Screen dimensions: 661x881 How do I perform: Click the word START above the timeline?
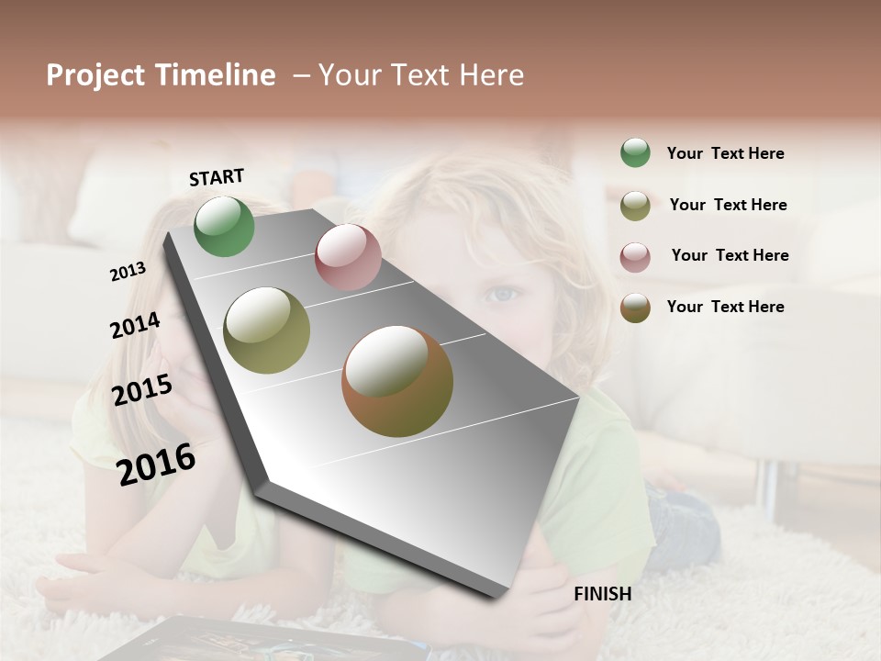(x=217, y=177)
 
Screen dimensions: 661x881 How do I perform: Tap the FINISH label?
(x=602, y=594)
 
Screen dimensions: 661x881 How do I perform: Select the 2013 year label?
(x=128, y=272)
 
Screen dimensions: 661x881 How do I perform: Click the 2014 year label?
(x=135, y=325)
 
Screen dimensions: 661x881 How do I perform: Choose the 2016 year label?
(x=156, y=464)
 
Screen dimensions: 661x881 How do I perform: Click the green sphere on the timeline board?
(x=224, y=227)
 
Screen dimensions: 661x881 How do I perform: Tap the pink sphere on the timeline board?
(x=348, y=257)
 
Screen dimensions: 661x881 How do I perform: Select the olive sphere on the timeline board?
(x=267, y=330)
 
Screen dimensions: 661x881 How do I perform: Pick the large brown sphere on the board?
(x=397, y=381)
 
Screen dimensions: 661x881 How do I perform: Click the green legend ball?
(x=635, y=152)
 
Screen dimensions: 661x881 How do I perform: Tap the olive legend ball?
(x=635, y=206)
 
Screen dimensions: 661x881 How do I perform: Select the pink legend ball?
(x=635, y=257)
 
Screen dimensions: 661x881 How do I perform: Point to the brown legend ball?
(x=635, y=308)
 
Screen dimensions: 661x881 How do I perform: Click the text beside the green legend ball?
(x=725, y=153)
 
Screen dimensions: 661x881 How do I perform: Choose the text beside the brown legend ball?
(x=725, y=307)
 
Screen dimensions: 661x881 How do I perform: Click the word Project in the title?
(x=95, y=76)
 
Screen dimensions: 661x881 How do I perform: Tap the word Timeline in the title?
(x=215, y=75)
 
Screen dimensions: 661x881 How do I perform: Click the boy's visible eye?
(x=501, y=294)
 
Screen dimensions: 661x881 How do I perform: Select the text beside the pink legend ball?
(x=730, y=255)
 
